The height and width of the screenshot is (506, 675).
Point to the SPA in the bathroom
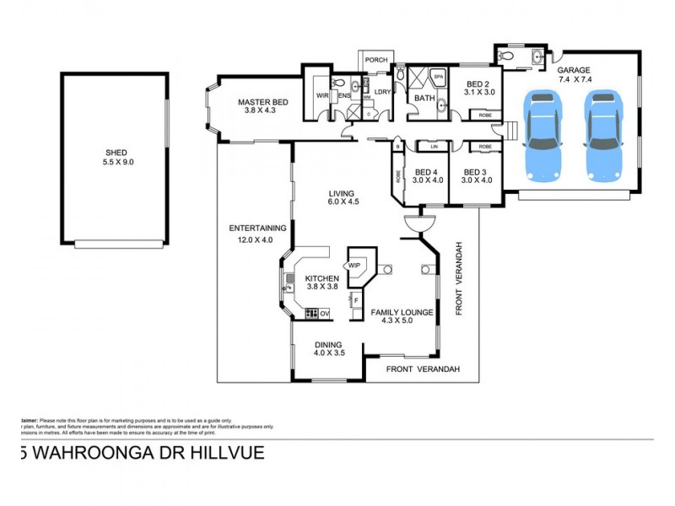click(438, 77)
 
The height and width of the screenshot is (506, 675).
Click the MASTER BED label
click(262, 102)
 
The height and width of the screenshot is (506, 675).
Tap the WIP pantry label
click(354, 266)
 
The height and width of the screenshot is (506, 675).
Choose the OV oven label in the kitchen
click(324, 314)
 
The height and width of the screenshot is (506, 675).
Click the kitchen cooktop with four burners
click(310, 314)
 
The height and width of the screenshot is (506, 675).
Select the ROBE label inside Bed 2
click(485, 115)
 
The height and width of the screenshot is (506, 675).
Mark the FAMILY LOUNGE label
click(402, 312)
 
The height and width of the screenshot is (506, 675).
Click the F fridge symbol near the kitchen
click(356, 299)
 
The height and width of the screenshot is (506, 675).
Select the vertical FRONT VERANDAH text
click(460, 278)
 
